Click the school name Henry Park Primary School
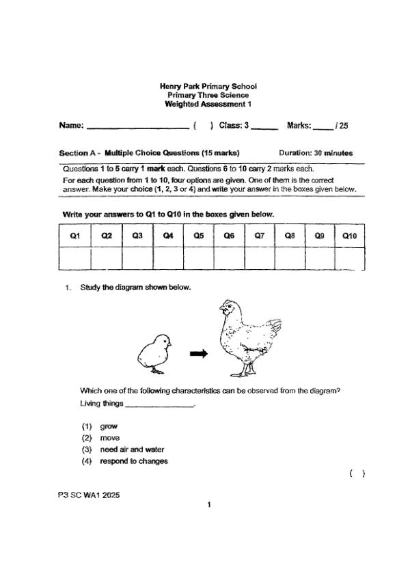[208, 87]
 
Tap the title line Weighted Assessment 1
[208, 105]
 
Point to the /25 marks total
[342, 126]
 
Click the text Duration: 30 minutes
[316, 153]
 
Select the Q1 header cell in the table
[75, 236]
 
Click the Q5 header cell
[199, 236]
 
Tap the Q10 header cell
[349, 236]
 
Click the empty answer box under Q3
[137, 258]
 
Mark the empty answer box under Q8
[290, 258]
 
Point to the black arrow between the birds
[198, 353]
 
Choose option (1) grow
[109, 426]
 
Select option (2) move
[109, 438]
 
